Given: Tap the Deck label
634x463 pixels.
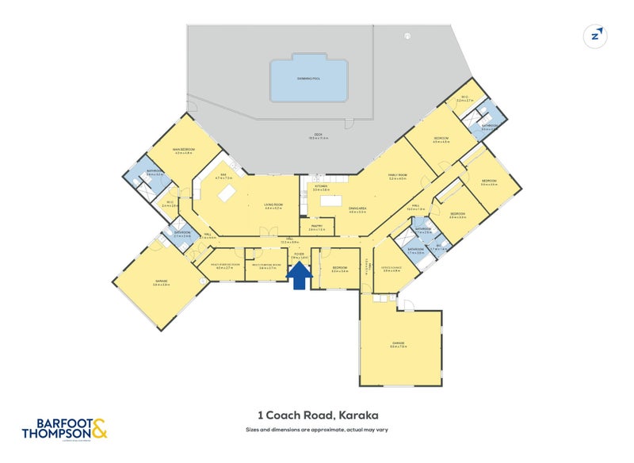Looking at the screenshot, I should (319, 136).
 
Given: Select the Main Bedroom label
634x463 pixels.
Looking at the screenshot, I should (184, 150).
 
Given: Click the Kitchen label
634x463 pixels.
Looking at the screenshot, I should (320, 188).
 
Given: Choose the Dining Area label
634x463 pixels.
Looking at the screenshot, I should (357, 210).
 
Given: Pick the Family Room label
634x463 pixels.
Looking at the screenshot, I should (398, 178).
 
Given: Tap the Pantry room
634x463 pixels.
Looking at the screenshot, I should (316, 227).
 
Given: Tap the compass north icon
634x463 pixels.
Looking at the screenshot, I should (595, 36).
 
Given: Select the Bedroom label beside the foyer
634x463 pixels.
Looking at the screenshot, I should (340, 269).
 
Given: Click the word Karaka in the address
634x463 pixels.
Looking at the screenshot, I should (357, 415).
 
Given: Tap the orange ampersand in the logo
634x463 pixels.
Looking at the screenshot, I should (99, 431).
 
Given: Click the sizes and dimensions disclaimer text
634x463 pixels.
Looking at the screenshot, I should (317, 430).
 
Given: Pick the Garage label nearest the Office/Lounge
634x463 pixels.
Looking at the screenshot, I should (398, 343).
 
